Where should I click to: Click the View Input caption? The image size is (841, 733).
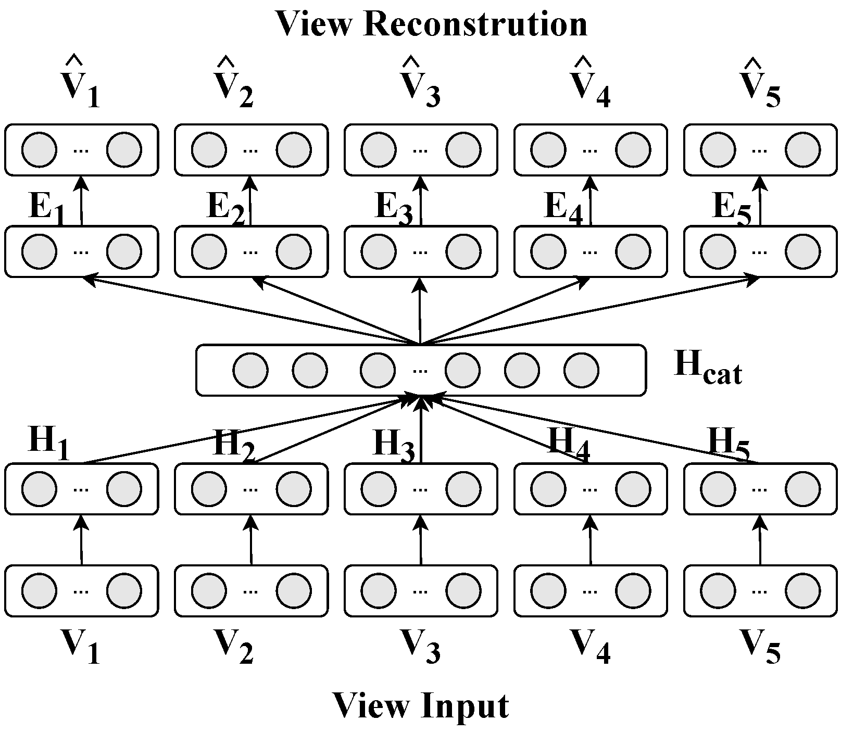(420, 705)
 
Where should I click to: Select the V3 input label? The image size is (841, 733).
(420, 646)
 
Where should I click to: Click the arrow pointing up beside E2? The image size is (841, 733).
(250, 200)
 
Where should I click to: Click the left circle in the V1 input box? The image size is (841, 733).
(39, 590)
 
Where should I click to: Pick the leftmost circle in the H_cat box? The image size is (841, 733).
(250, 370)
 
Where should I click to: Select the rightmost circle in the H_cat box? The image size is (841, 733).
(581, 370)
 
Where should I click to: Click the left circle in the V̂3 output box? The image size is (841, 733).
(378, 149)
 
